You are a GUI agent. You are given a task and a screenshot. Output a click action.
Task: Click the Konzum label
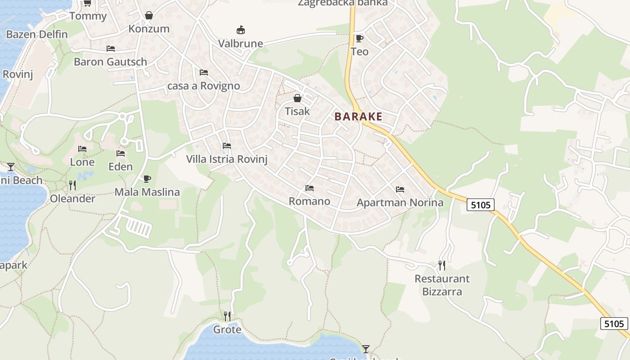click(x=149, y=29)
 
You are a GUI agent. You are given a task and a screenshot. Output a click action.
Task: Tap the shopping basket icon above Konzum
click(x=149, y=16)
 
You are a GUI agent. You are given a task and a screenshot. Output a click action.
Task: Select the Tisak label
click(x=297, y=111)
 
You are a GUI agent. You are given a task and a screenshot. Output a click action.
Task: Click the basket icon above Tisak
click(x=297, y=98)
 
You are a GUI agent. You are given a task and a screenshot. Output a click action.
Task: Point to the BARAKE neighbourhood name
click(x=358, y=117)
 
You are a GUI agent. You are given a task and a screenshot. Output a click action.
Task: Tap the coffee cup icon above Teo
click(x=359, y=38)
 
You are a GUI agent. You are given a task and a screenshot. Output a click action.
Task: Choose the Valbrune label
click(x=240, y=44)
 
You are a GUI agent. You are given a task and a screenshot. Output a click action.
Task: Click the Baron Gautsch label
click(x=110, y=62)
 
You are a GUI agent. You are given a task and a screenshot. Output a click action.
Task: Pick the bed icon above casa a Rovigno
click(x=203, y=72)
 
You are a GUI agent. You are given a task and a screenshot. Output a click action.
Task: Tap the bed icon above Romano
click(x=309, y=188)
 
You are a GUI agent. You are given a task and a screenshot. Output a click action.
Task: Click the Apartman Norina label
click(x=400, y=202)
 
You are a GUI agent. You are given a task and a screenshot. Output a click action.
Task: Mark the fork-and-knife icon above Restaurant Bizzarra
click(x=442, y=265)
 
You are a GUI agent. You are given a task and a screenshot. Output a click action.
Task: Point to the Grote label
click(x=227, y=330)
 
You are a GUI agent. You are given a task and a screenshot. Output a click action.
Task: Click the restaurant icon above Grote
click(x=227, y=316)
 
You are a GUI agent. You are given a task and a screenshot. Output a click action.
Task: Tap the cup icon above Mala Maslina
click(x=147, y=179)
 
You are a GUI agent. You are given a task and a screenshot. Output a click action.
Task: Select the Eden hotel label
click(x=121, y=166)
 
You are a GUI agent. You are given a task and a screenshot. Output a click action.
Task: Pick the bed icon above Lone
click(x=82, y=148)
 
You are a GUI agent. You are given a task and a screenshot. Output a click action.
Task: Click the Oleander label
click(x=72, y=198)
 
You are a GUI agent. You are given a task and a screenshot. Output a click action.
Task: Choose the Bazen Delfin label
click(x=37, y=34)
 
